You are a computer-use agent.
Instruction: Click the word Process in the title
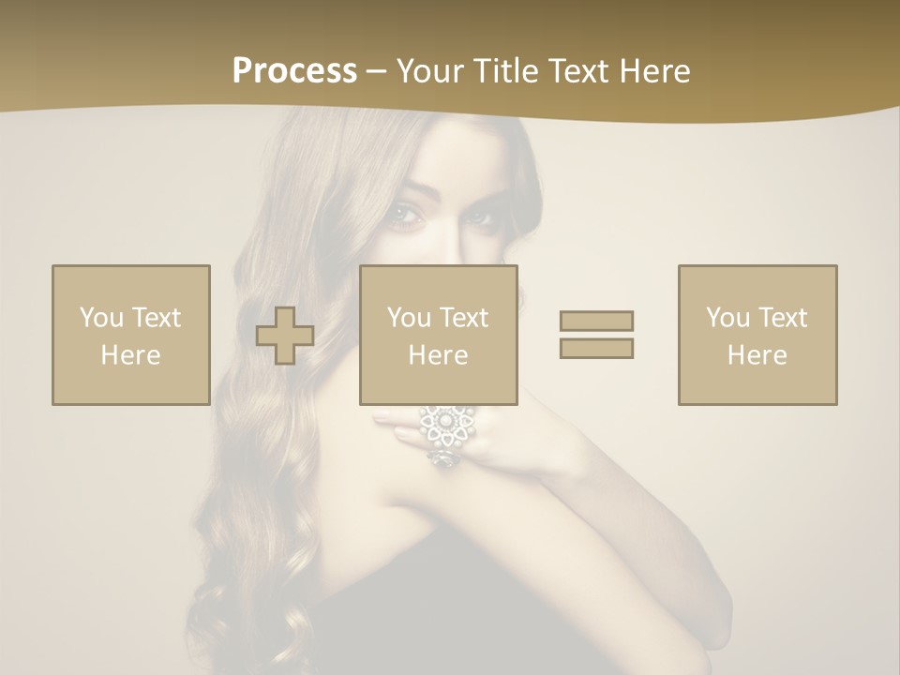pyautogui.click(x=294, y=71)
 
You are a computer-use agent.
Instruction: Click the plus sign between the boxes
pyautogui.click(x=285, y=336)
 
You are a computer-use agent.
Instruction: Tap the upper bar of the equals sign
pyautogui.click(x=596, y=321)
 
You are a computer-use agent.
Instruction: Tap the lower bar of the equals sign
pyautogui.click(x=596, y=348)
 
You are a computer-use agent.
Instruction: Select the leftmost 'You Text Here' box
pyautogui.click(x=131, y=335)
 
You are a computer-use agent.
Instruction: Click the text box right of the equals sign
pyautogui.click(x=757, y=335)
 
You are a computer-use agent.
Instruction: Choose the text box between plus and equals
pyautogui.click(x=439, y=335)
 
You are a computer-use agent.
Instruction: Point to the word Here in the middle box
pyautogui.click(x=439, y=354)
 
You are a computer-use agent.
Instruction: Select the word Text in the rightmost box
pyautogui.click(x=782, y=317)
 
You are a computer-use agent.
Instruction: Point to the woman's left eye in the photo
pyautogui.click(x=480, y=217)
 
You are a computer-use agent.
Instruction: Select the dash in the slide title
pyautogui.click(x=377, y=71)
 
